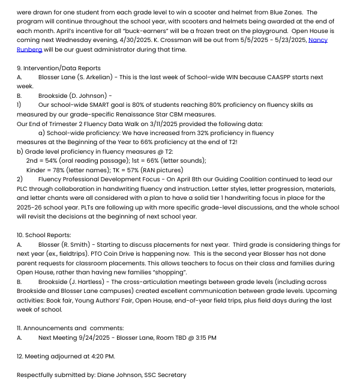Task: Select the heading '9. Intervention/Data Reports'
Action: coord(59,68)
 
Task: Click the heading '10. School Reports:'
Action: coord(44,235)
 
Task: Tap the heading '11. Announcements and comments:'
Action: coord(70,328)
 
